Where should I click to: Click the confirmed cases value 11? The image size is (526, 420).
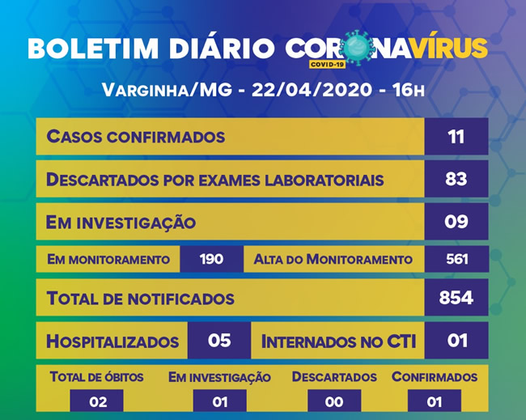point(456,137)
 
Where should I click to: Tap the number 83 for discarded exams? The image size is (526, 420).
point(456,179)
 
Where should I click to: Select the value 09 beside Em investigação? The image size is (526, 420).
point(456,222)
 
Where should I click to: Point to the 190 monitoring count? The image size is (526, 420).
point(211,259)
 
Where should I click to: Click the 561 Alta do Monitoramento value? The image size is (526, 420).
point(457,259)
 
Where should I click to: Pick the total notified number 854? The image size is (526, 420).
point(456,297)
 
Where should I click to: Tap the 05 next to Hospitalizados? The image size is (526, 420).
point(219,340)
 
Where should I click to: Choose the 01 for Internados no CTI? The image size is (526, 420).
point(457,340)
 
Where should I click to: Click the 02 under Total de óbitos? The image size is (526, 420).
point(98,402)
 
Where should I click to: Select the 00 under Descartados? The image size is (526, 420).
point(334,402)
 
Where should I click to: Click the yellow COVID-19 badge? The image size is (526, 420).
point(327,64)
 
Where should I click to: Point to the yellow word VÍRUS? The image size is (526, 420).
point(450,48)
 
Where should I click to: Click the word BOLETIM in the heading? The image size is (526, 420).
point(93,49)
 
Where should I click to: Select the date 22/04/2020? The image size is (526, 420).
point(312,90)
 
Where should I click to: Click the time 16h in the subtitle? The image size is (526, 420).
point(409,90)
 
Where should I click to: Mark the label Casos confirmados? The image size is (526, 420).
point(136,137)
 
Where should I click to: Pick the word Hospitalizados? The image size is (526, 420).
point(112,342)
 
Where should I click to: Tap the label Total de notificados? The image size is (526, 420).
point(140,299)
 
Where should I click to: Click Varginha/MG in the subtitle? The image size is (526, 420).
point(167,90)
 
